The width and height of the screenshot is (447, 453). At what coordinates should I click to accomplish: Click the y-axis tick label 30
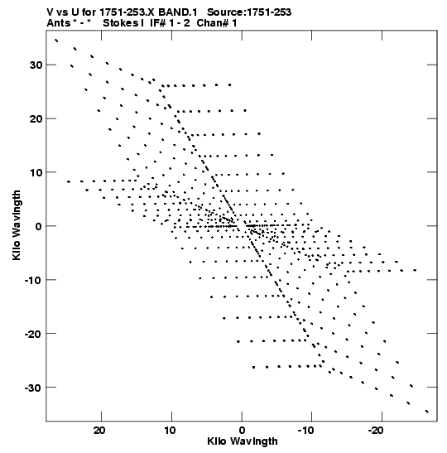point(36,65)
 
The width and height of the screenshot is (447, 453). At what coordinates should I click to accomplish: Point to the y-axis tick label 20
point(36,118)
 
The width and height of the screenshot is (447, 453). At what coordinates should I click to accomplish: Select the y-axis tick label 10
point(36,172)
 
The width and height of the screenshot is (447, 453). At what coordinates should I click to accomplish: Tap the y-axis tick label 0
point(39,226)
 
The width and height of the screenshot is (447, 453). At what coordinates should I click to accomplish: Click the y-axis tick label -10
point(33,280)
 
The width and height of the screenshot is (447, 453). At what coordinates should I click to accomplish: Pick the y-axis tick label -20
point(33,334)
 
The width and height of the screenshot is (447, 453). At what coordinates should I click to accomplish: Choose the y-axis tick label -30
point(33,388)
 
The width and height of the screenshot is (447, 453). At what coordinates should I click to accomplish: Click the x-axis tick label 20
point(99,430)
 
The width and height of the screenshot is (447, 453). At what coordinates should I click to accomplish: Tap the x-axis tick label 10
point(170,430)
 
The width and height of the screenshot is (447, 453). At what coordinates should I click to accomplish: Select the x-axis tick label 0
point(242,430)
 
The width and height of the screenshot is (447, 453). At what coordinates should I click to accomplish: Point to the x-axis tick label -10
point(305,430)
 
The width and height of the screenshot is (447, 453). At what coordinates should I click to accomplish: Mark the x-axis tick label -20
point(376,430)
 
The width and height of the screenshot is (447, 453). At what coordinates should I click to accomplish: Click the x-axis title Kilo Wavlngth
point(243,441)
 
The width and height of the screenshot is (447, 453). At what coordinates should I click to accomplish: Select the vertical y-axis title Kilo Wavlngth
point(17,225)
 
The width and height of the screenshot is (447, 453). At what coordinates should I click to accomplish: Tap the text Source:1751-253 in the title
point(249,12)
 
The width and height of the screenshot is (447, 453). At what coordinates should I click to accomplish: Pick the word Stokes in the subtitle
point(121,23)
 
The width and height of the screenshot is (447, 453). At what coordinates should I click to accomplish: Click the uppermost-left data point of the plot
point(56,41)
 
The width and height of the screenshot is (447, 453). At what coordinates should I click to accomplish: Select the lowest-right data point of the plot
point(427,412)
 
